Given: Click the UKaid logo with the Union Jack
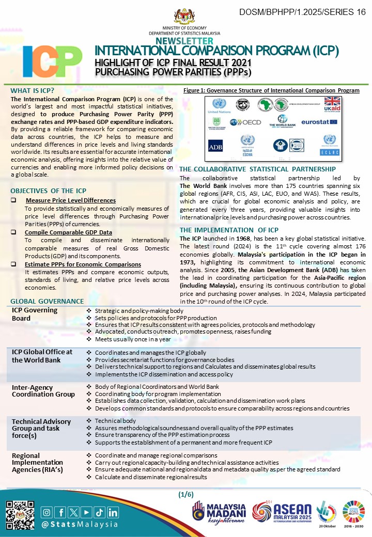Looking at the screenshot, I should [x=331, y=105].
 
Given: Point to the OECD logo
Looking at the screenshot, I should [x=246, y=122].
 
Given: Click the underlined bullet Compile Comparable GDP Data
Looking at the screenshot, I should [x=68, y=232].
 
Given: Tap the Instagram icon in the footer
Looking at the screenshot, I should [x=47, y=512].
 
